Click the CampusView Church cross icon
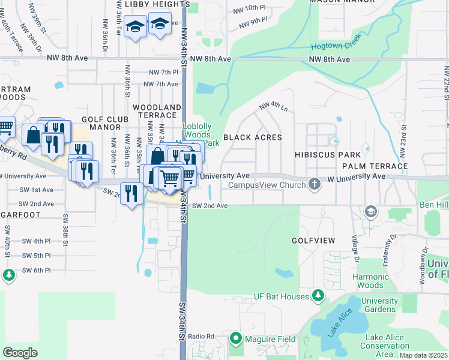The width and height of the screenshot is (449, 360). [x=313, y=184]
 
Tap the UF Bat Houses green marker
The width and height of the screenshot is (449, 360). [x=319, y=296]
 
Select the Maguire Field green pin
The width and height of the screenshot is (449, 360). [x=235, y=339]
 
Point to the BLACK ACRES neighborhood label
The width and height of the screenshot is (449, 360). [x=252, y=137]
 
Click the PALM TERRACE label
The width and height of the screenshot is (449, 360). [x=375, y=166]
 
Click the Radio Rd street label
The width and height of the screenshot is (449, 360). [x=200, y=336]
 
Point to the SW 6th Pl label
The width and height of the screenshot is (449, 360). [x=37, y=270]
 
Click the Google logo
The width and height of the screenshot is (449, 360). [x=20, y=352]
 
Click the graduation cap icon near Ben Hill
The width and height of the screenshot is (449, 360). [x=371, y=211]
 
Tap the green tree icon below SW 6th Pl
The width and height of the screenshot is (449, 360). [x=8, y=275]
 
